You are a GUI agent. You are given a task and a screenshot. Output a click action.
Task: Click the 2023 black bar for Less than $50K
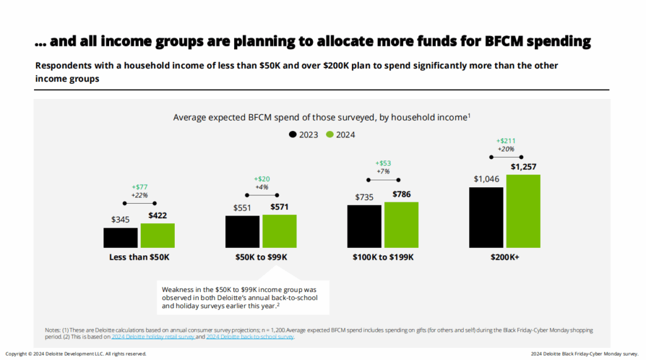[x=120, y=238]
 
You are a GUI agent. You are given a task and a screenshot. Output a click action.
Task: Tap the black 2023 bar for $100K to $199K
[x=364, y=226]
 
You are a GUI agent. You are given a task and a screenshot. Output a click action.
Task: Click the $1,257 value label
[x=523, y=166]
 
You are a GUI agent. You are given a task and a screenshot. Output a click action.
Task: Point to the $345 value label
[x=120, y=220]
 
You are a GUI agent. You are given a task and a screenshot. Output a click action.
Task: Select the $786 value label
[x=402, y=194]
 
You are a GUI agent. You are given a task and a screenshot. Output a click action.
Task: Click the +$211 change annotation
[x=506, y=141]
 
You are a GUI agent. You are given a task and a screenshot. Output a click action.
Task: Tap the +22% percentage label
[x=140, y=195]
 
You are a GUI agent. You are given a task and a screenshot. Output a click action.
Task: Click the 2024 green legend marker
[x=329, y=134]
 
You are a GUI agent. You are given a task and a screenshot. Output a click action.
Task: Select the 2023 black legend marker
[x=293, y=134]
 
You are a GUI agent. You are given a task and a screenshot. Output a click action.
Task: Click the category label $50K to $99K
[x=261, y=257]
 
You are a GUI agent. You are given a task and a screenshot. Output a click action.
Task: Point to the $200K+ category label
[x=505, y=257]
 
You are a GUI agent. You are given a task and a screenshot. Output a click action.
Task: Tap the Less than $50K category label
[x=139, y=257]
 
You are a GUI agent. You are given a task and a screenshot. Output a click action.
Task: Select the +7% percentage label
[x=384, y=171]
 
